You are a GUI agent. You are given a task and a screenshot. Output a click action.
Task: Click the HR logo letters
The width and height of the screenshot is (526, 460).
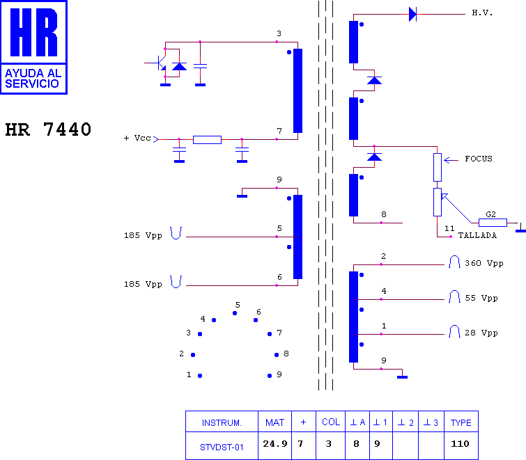[x=34, y=32]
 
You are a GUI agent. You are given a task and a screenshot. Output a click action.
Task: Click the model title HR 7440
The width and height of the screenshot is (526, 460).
[x=48, y=129]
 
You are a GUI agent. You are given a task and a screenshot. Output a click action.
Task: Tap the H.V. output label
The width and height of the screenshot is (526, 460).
[x=482, y=13]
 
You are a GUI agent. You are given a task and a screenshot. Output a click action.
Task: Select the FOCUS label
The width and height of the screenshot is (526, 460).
[x=479, y=159]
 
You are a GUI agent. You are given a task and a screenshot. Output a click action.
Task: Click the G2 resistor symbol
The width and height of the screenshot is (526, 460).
[x=493, y=223]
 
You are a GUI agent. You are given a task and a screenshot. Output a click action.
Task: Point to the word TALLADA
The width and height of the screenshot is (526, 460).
[x=477, y=235]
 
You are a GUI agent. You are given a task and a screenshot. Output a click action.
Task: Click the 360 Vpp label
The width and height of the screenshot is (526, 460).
[x=484, y=263]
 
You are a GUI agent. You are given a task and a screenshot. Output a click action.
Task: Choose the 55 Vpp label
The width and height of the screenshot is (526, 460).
[x=481, y=298]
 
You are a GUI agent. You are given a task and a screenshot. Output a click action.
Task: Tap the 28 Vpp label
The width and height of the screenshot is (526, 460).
[x=481, y=333]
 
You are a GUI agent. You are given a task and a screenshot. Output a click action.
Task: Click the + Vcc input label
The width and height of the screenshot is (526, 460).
[x=137, y=138]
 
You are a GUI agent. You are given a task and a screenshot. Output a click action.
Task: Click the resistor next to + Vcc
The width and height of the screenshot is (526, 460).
[x=207, y=140]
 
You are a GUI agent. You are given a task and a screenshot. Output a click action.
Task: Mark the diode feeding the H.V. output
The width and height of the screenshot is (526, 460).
[x=412, y=15]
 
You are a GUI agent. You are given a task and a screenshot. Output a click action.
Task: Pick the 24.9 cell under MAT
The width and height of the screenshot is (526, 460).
[x=275, y=444]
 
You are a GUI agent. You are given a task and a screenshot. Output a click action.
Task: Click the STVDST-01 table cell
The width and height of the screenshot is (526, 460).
[x=222, y=447]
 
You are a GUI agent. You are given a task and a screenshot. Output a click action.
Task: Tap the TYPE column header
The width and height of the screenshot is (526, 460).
[x=461, y=423]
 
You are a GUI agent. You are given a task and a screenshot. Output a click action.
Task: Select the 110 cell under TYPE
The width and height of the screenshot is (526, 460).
[x=460, y=444]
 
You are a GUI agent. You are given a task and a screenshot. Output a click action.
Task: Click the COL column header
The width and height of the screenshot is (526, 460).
[x=331, y=422]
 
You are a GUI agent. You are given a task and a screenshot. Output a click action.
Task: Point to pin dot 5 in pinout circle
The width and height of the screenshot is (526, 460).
[x=235, y=313]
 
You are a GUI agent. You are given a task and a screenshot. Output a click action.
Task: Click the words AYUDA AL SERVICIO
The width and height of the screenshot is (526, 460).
[x=33, y=78]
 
